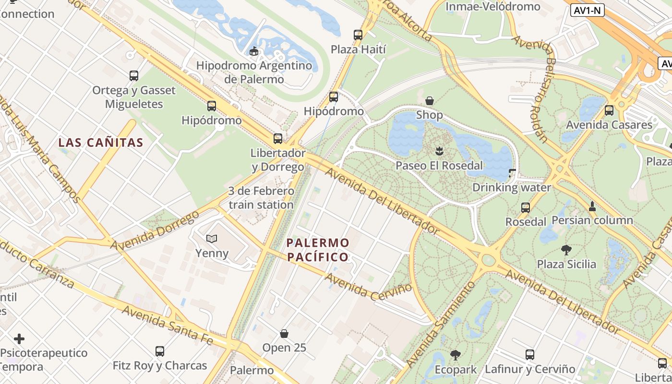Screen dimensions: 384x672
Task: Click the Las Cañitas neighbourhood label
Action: click(x=101, y=143)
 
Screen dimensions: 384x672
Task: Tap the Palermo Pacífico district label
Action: click(x=318, y=250)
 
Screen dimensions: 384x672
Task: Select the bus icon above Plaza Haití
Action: click(x=358, y=35)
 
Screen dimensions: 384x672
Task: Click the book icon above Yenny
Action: click(x=212, y=238)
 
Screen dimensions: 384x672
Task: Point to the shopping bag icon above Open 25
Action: click(x=284, y=333)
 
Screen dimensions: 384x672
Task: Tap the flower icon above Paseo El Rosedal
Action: click(x=439, y=152)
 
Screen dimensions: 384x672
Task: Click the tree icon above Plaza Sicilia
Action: click(x=566, y=250)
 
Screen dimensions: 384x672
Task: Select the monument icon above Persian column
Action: click(x=592, y=206)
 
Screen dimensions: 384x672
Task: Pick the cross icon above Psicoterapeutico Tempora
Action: click(x=19, y=339)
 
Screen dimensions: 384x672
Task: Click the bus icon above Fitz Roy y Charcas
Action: click(x=160, y=351)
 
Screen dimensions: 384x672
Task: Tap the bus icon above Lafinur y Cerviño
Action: click(x=530, y=355)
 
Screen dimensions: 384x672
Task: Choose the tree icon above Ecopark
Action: click(x=456, y=355)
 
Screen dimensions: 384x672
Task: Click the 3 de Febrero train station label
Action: click(x=261, y=198)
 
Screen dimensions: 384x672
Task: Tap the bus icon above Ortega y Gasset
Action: click(x=134, y=75)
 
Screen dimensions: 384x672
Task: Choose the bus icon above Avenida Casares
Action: click(x=609, y=110)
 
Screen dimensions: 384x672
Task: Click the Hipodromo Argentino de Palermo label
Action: click(x=254, y=72)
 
